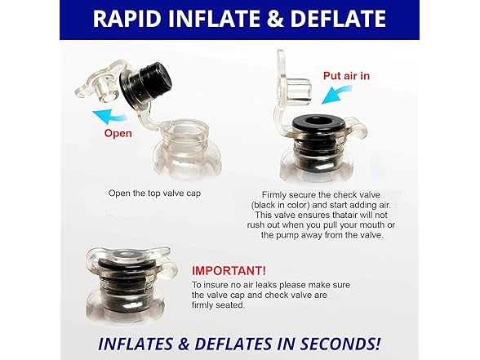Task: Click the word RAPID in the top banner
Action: (127, 19)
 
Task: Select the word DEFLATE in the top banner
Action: (338, 19)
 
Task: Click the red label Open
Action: (118, 134)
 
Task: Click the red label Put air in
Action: (346, 76)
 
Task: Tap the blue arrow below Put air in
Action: (336, 95)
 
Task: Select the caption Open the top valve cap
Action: (154, 193)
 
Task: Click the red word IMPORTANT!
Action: (229, 271)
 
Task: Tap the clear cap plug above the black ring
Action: (299, 87)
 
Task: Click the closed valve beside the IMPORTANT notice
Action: (129, 283)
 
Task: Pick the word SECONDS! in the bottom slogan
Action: (340, 344)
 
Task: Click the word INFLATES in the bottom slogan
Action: (136, 344)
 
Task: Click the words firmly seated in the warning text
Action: (218, 305)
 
